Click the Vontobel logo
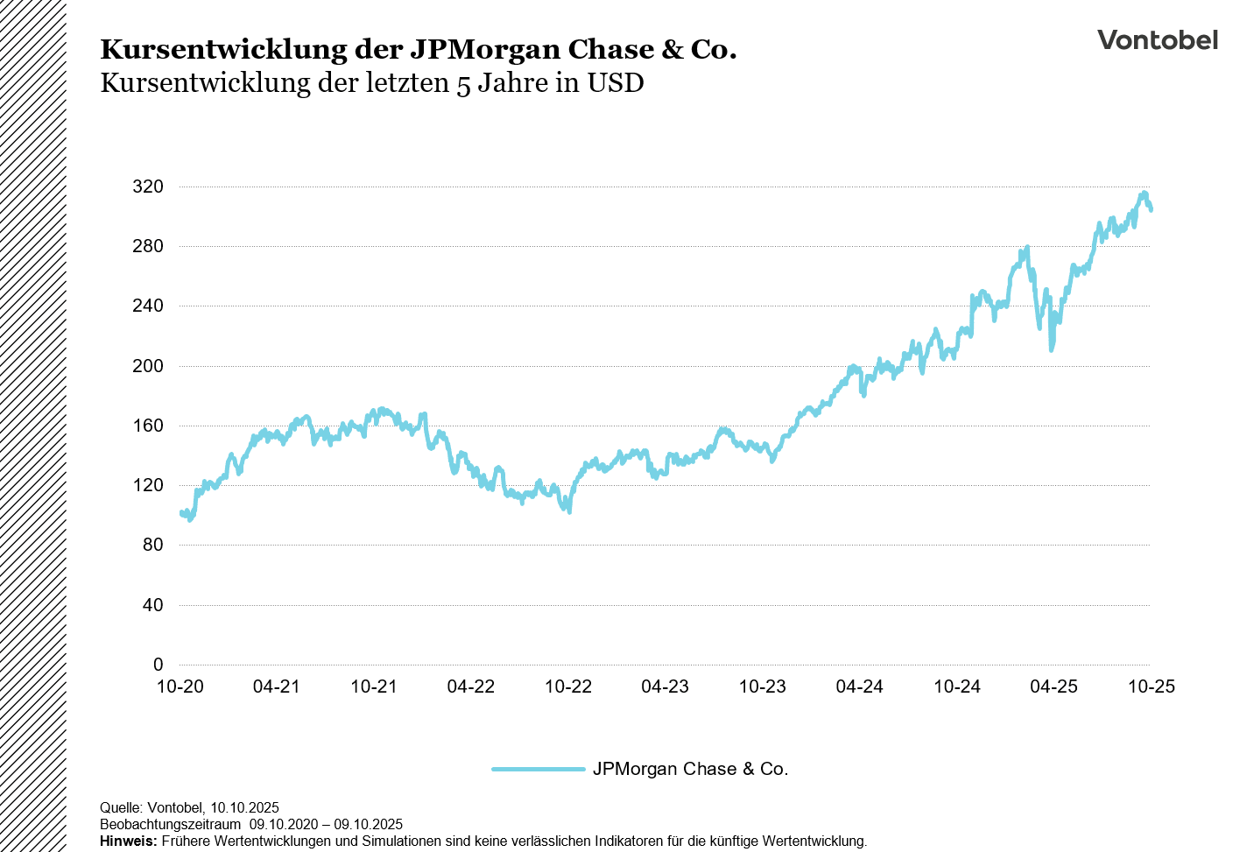(x=1157, y=40)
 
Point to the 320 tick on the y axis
(x=148, y=187)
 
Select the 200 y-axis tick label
(x=148, y=366)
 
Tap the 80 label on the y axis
(x=153, y=545)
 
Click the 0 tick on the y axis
(x=159, y=665)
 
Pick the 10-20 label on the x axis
(x=180, y=687)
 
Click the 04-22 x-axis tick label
(x=471, y=687)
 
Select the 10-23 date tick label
(x=763, y=687)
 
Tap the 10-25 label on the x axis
(x=1151, y=687)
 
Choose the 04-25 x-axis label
(x=1053, y=687)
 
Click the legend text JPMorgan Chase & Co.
(x=690, y=769)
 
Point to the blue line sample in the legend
(x=538, y=769)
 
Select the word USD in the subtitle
(x=616, y=83)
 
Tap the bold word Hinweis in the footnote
(x=129, y=841)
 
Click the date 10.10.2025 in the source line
(x=244, y=807)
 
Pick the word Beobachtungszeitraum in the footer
(x=170, y=824)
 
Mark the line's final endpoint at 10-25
(x=1151, y=209)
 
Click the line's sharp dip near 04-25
(x=1052, y=349)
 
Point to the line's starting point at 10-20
(x=180, y=513)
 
